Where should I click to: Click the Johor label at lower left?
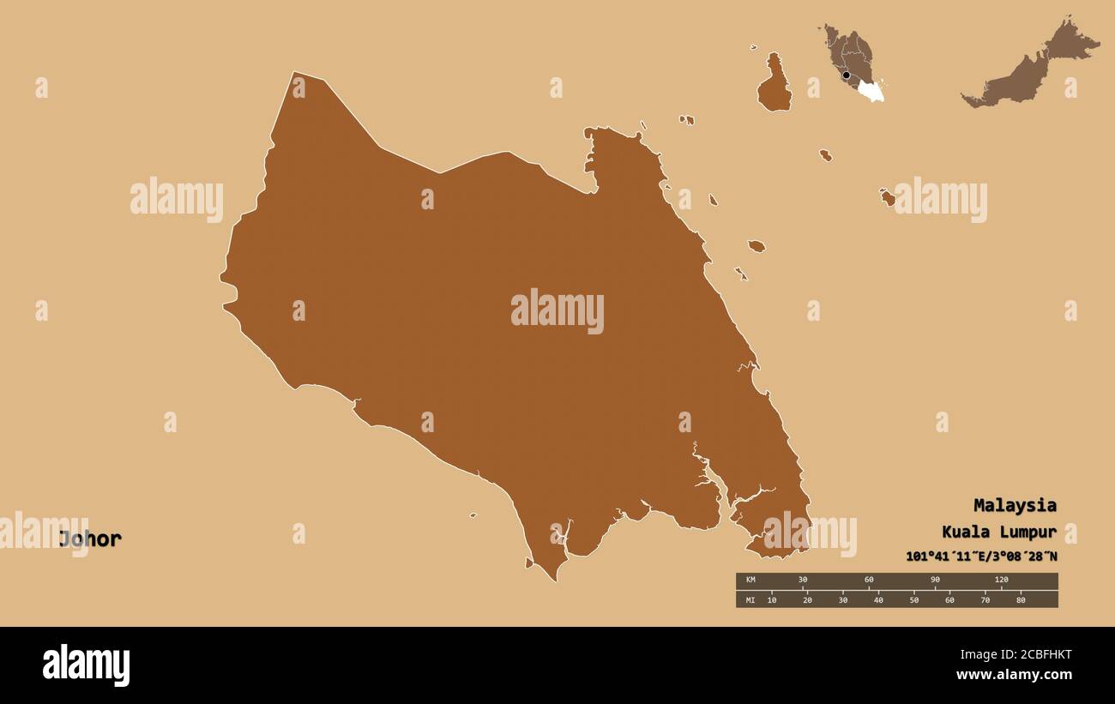[90, 539]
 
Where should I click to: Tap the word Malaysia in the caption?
[1015, 505]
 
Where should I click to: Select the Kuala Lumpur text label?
[999, 532]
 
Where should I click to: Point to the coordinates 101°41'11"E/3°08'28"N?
[981, 557]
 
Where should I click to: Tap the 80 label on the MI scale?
[1021, 600]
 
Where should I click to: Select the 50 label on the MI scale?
[914, 600]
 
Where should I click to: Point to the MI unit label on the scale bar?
[751, 600]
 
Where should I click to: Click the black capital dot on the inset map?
[847, 75]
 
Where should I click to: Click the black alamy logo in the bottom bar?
[86, 665]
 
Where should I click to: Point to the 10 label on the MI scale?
[772, 600]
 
